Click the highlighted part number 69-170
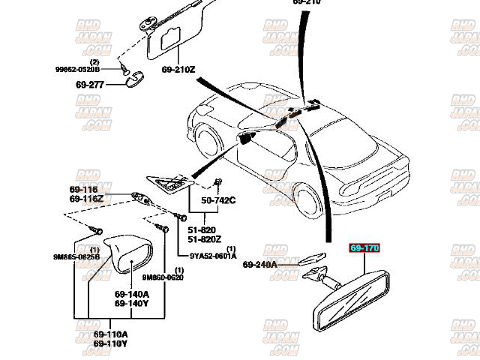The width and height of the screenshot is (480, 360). [x=365, y=246]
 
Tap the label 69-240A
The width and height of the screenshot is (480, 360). [x=259, y=265]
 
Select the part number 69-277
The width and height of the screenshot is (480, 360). [x=90, y=85]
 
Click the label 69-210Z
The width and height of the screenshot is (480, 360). [x=178, y=70]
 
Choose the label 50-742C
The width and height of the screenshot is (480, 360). [x=217, y=200]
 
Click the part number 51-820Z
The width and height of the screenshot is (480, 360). [x=203, y=239]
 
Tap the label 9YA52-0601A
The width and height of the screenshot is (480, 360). [x=214, y=255]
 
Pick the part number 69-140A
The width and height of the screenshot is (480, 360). [x=131, y=295]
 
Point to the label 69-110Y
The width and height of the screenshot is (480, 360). [x=110, y=343]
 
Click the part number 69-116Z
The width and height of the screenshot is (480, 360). [x=85, y=199]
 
